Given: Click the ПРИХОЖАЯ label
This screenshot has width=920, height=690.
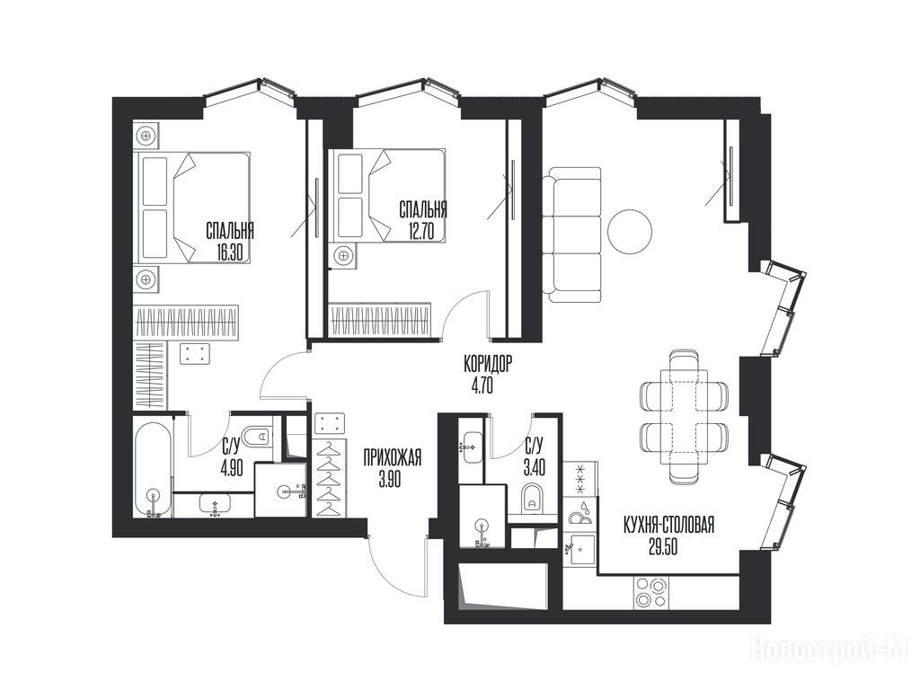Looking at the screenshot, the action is click(x=392, y=457).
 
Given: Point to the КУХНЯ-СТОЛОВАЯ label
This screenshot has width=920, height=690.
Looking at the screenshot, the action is click(x=668, y=525).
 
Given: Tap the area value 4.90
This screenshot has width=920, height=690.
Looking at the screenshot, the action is click(x=231, y=470).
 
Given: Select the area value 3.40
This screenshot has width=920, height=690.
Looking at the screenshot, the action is click(x=535, y=468).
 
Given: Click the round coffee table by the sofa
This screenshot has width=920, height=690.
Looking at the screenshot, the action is click(x=630, y=232).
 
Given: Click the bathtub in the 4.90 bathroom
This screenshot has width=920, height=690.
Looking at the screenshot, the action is click(x=153, y=469).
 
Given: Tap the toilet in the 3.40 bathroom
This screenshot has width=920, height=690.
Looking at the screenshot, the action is click(x=532, y=499).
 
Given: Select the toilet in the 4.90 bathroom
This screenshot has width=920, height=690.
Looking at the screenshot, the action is click(x=257, y=437).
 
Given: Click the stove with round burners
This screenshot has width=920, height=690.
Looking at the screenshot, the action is click(x=651, y=593).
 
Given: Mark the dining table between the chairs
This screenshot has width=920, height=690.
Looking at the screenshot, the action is click(x=683, y=417).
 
